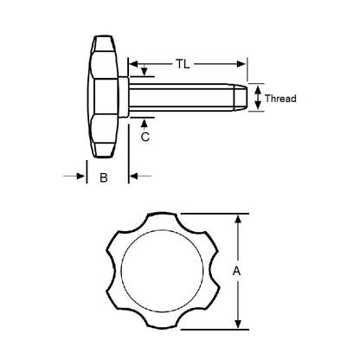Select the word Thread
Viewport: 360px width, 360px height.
coord(280,99)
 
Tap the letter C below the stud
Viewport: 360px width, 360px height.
coord(145,136)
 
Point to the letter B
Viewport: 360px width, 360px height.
coord(103,178)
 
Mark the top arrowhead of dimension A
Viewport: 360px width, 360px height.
coord(240,219)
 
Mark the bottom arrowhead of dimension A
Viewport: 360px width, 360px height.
coord(240,324)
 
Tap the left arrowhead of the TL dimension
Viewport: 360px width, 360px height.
coord(135,64)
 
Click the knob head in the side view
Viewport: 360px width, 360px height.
coord(104,96)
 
